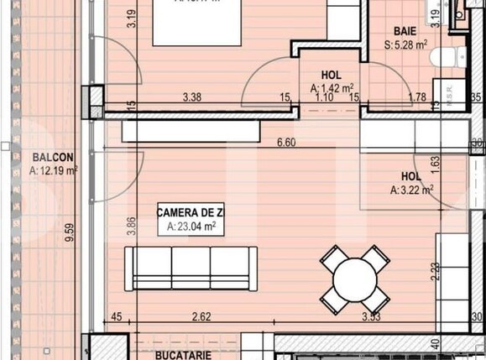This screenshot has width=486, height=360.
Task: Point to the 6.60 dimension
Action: click(286, 142)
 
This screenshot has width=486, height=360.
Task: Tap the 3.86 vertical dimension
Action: click(130, 228)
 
